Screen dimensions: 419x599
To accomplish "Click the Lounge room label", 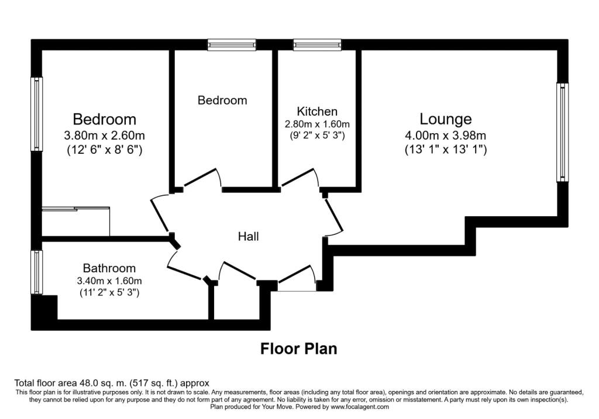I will click(446, 119).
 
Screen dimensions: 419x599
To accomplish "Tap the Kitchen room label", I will click(317, 111).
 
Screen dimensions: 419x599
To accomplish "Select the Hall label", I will click(248, 237).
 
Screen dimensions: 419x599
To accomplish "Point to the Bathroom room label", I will click(109, 268).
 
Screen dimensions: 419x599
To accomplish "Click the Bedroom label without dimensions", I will click(222, 101).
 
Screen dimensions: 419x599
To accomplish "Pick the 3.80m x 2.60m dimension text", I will click(104, 136).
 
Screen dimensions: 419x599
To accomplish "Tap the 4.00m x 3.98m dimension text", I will click(446, 136).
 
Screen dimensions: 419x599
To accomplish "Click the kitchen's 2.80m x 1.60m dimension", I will click(317, 124).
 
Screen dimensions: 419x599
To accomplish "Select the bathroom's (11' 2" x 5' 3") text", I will click(109, 292).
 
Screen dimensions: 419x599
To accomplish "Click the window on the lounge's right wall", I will click(562, 131).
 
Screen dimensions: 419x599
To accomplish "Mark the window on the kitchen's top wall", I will click(317, 44).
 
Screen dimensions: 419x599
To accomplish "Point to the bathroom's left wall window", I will click(37, 272).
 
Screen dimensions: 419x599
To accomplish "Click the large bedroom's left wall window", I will click(37, 115).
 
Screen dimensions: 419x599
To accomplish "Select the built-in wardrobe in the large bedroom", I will click(76, 221).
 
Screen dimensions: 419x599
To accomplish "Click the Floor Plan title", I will click(298, 349).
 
